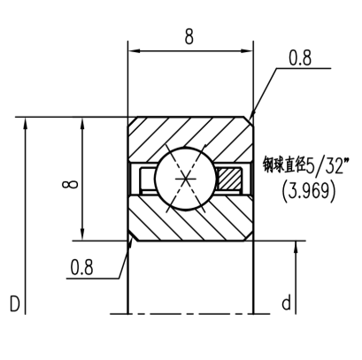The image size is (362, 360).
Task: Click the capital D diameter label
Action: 15,304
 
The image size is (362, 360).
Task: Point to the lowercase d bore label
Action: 286,304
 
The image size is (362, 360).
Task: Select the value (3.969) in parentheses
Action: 307,189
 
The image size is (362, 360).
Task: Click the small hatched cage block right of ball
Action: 233,177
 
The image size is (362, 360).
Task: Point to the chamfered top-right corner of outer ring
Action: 252,120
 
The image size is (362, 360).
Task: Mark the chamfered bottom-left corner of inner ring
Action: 132,236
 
